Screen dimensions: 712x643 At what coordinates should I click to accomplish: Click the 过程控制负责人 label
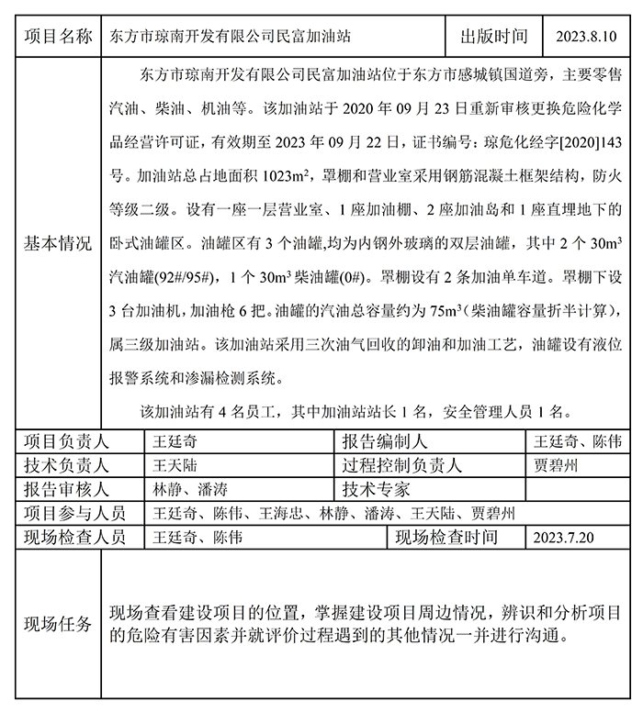[401, 465]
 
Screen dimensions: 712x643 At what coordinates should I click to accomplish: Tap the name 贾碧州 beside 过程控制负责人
[557, 465]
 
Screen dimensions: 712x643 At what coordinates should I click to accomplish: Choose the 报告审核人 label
[66, 489]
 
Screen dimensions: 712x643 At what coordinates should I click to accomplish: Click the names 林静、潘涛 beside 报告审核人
[191, 489]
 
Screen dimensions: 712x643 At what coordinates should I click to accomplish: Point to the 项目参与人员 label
[74, 513]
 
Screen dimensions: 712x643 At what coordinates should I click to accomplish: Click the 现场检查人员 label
[74, 537]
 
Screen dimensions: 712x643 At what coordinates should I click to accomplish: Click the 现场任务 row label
[58, 625]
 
